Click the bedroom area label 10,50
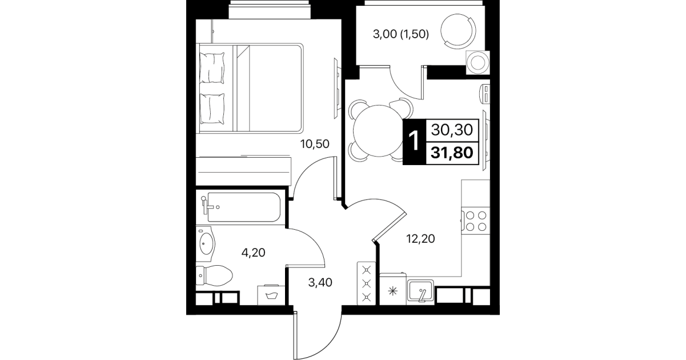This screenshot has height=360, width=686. point(315,143)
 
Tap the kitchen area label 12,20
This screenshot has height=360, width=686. point(420,239)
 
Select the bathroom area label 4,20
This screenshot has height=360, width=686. point(253,253)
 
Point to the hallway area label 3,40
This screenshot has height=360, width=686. point(320,282)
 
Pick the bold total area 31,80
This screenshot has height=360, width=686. point(452,153)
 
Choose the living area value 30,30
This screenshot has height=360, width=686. point(452,130)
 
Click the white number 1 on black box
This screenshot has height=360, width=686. point(414,142)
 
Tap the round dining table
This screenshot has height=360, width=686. point(379,131)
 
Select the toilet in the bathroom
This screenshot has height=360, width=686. point(214,275)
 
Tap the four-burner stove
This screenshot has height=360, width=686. point(476,221)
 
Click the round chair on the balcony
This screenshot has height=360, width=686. point(458,31)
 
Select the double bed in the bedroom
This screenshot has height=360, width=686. point(250,88)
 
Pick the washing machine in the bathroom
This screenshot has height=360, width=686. point(271,295)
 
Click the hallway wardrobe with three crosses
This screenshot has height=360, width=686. point(366,283)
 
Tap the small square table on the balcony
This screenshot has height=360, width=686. point(478,62)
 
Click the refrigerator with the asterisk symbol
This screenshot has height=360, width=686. point(393,290)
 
